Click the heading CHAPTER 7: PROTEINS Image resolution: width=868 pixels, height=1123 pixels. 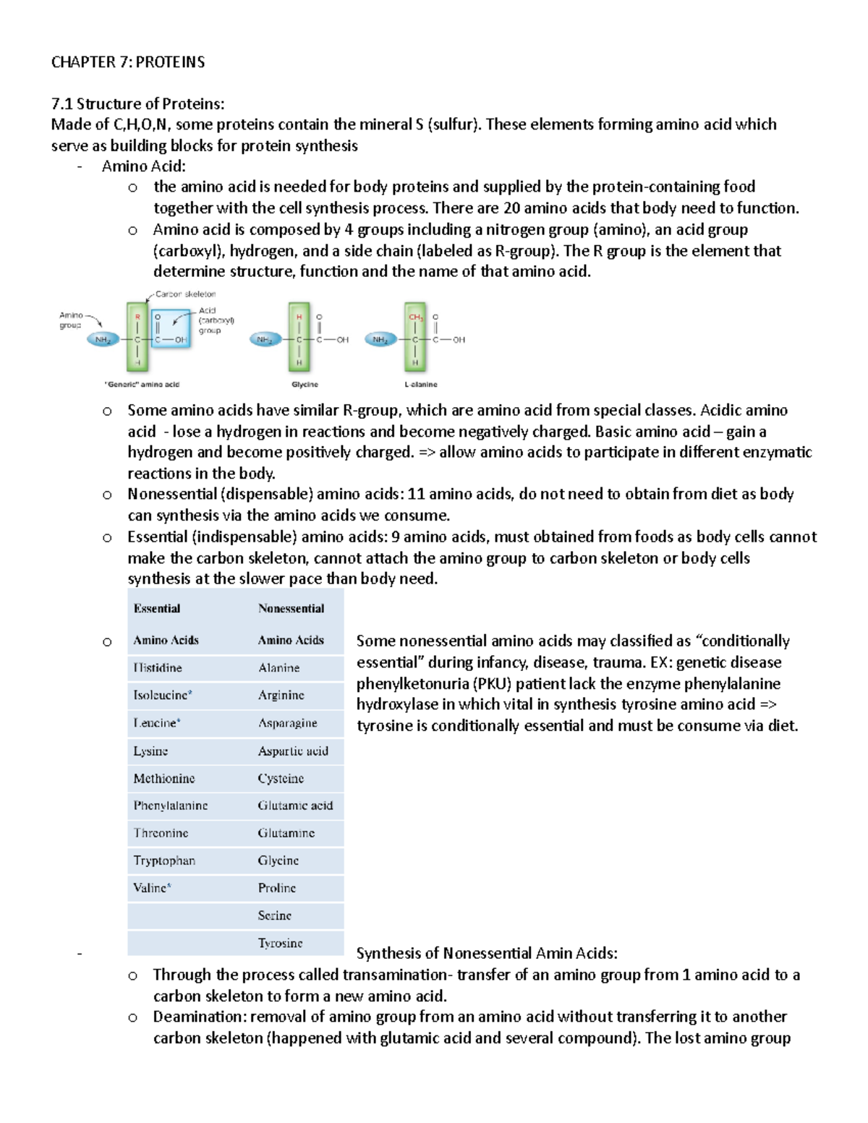pos(127,62)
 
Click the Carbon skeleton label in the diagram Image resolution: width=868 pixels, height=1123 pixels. pos(185,294)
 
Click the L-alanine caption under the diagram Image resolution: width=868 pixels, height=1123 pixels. pos(421,385)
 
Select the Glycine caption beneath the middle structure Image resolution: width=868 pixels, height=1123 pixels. pos(305,385)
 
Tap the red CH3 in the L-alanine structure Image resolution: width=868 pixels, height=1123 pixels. pos(415,317)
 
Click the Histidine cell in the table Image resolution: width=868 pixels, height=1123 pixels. pos(158,667)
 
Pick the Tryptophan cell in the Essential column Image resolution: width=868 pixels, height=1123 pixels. pos(164,861)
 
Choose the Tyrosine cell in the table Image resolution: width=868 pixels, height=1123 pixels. pos(281,943)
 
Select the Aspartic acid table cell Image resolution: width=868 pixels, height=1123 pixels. pos(293,751)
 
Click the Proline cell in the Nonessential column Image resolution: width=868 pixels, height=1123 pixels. pos(277,888)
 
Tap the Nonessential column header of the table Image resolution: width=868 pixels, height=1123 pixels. pos(292,609)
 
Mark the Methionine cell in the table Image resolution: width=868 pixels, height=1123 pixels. pos(164,778)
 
